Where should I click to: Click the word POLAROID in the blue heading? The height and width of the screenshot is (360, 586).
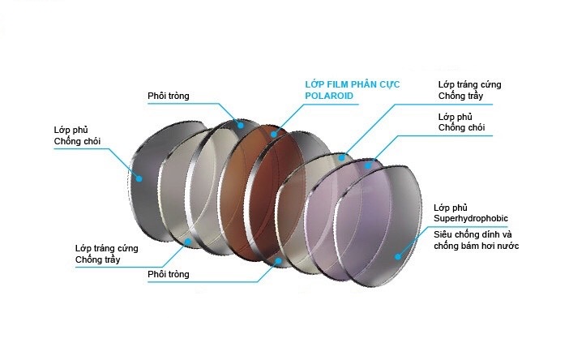pos(330,95)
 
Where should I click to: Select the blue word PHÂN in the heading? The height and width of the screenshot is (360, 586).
pos(367,84)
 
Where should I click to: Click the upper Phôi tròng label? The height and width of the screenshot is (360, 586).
pos(169,96)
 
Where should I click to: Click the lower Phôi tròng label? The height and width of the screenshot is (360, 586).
pos(169,274)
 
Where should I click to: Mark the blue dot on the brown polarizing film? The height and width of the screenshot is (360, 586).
pos(275,132)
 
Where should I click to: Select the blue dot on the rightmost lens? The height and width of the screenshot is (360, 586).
pos(399,255)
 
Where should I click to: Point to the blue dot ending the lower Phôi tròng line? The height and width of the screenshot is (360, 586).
pos(278,260)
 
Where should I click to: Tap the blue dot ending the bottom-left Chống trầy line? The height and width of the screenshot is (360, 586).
pos(188,241)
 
